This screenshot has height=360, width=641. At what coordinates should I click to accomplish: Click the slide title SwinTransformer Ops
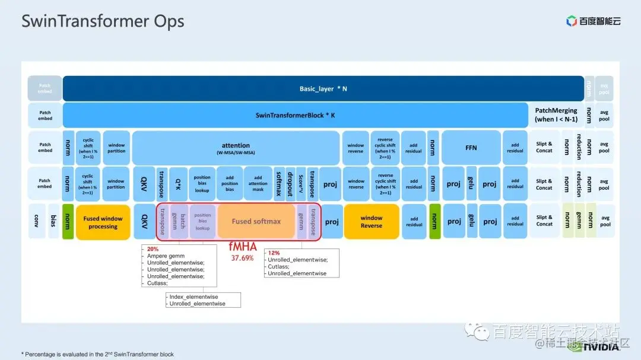click(x=103, y=21)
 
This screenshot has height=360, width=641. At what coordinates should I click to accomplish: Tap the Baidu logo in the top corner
click(x=593, y=21)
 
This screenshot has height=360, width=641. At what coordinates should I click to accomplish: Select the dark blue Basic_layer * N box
click(x=323, y=88)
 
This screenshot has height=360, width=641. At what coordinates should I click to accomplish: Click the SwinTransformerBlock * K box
click(x=295, y=115)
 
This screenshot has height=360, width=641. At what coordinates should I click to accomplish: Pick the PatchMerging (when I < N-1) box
click(x=556, y=115)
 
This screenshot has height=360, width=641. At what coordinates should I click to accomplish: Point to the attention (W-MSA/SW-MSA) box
click(x=236, y=148)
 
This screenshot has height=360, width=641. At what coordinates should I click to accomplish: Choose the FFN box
click(x=471, y=148)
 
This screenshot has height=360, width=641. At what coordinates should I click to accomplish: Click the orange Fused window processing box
click(x=103, y=222)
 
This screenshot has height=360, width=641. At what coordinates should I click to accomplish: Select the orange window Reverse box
click(x=372, y=221)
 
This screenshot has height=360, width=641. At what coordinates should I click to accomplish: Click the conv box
click(x=37, y=221)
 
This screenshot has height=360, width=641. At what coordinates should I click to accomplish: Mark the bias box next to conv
click(x=53, y=221)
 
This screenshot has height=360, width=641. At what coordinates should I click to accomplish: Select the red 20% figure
click(x=153, y=249)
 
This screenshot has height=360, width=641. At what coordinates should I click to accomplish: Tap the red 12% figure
click(x=274, y=252)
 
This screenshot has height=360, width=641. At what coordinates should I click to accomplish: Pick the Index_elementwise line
click(x=194, y=297)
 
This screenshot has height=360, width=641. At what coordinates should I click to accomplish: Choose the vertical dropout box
click(x=290, y=184)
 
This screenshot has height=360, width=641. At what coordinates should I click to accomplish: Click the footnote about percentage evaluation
click(x=97, y=354)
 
